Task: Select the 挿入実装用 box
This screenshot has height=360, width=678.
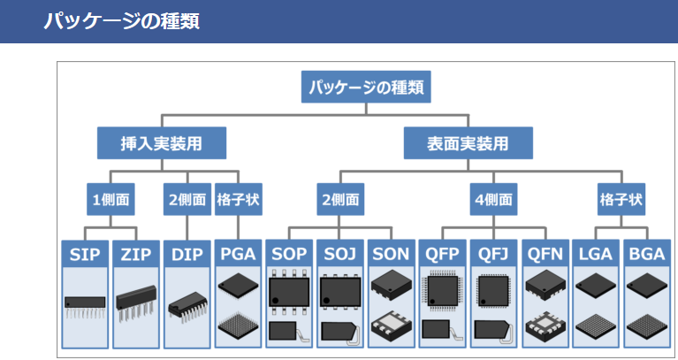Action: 161,142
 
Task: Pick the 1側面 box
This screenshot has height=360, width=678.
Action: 110,200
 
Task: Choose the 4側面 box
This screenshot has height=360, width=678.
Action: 492,200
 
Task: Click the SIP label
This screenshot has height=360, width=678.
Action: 85,255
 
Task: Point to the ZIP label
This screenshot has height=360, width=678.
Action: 136,255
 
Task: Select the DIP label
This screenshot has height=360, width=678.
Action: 187,255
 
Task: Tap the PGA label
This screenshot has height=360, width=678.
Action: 238,255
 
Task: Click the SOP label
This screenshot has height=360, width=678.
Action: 289,255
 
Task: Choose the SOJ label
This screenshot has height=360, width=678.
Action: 339,255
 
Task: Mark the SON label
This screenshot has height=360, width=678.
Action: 391,255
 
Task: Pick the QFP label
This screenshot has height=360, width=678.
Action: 442,255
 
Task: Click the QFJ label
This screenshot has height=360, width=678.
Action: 492,255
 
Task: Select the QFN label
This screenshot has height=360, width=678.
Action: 544,255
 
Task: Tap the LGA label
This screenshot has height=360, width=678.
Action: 595,255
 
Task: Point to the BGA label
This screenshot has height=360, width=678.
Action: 646,255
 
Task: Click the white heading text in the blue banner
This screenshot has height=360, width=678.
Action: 122,20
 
